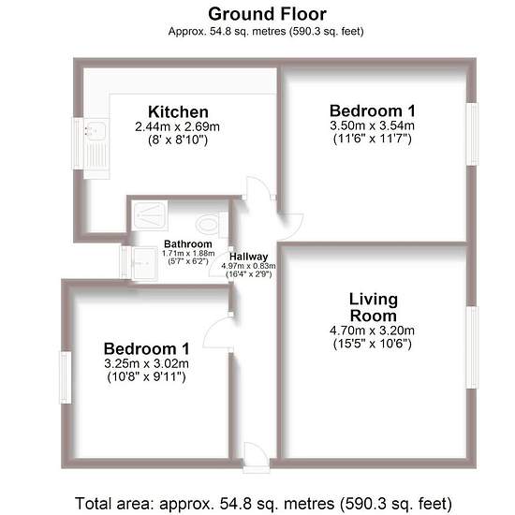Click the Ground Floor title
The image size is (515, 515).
click(x=267, y=14)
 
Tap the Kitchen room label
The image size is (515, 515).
click(x=178, y=111)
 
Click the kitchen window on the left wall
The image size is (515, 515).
click(x=78, y=143)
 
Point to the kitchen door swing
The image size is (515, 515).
click(x=259, y=188)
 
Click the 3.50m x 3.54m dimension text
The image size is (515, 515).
click(x=372, y=125)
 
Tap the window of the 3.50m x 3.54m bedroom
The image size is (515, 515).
click(x=472, y=134)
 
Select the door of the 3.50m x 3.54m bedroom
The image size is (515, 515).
click(x=290, y=227)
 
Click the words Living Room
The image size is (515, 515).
click(x=374, y=307)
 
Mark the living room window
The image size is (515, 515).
click(x=472, y=347)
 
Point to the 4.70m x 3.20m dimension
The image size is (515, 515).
click(x=372, y=331)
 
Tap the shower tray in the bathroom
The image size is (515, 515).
click(x=150, y=215)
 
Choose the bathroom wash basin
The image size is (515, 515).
click(x=144, y=263)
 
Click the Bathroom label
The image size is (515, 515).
click(x=188, y=244)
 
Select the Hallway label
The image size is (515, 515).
click(x=249, y=257)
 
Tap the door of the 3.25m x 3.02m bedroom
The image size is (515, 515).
click(x=218, y=332)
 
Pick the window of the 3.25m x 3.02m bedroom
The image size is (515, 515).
click(x=65, y=377)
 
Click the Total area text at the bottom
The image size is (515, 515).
click(x=263, y=503)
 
